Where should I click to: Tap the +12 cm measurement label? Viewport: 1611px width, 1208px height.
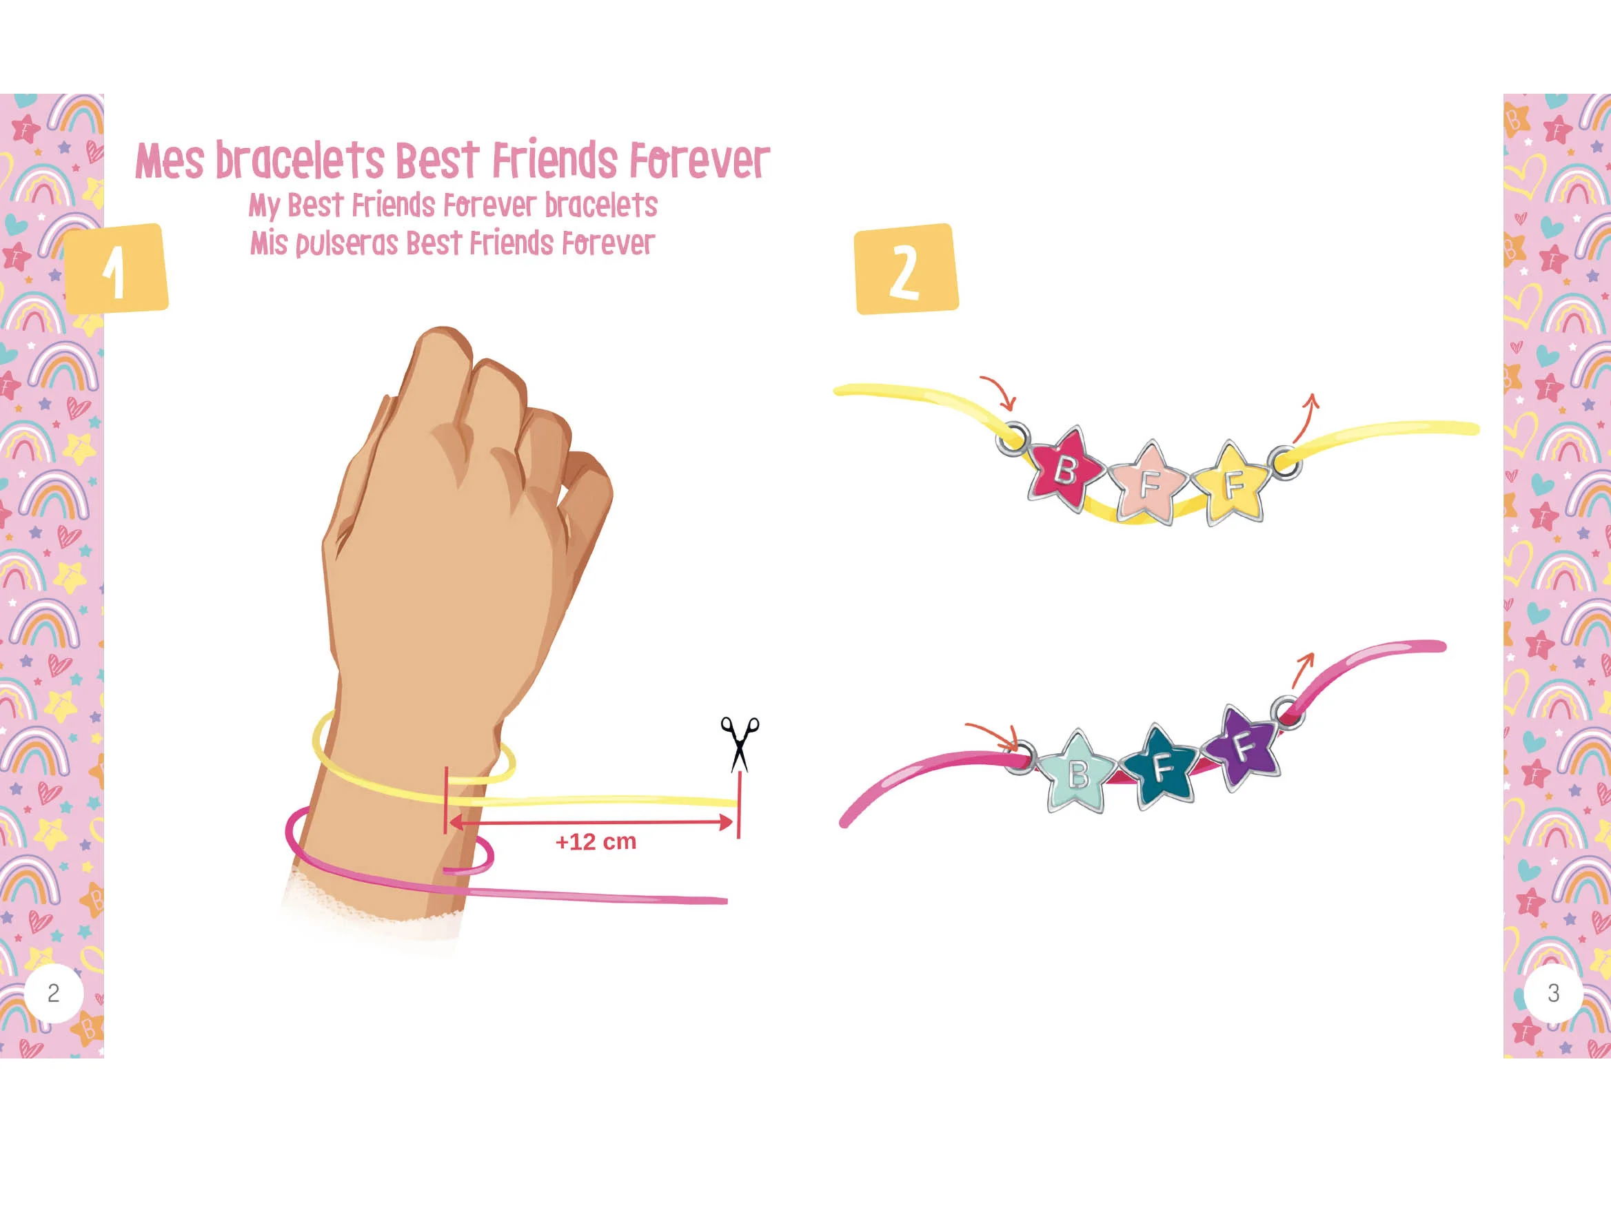pyautogui.click(x=596, y=841)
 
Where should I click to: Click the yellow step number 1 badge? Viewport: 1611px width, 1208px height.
pyautogui.click(x=116, y=269)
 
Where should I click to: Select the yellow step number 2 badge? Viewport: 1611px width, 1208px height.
pyautogui.click(x=906, y=269)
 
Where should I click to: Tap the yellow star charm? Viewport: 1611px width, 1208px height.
pyautogui.click(x=1233, y=483)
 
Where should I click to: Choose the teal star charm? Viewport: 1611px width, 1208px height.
pyautogui.click(x=1161, y=766)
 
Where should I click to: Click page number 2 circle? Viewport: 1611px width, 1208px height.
pyautogui.click(x=54, y=993)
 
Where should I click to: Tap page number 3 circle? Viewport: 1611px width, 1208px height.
pyautogui.click(x=1554, y=993)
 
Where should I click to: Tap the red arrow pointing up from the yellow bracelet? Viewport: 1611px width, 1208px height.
pyautogui.click(x=1306, y=417)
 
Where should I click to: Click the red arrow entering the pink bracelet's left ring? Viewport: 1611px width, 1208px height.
pyautogui.click(x=991, y=735)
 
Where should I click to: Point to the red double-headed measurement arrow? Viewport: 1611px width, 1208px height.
pyautogui.click(x=591, y=823)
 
